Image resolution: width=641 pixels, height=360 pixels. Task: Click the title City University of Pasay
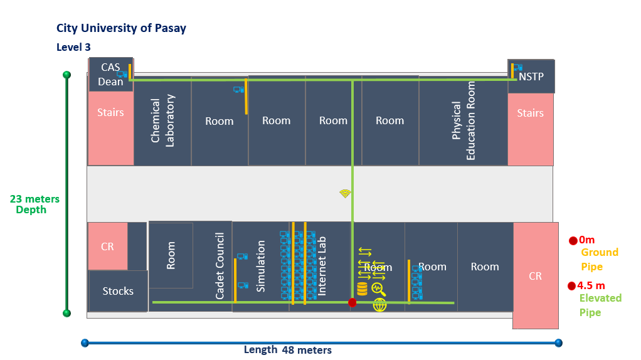[x=121, y=28]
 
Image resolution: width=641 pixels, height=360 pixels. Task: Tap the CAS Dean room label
[x=110, y=75]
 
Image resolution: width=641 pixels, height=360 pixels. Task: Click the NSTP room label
[x=531, y=77]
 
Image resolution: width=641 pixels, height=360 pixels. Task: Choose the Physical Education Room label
[x=464, y=120]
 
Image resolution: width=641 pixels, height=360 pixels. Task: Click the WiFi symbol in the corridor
[x=345, y=193]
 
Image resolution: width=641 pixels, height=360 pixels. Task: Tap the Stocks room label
[x=118, y=291]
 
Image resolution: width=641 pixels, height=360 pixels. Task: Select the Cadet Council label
[x=220, y=265]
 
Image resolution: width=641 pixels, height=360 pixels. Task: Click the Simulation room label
[x=261, y=266]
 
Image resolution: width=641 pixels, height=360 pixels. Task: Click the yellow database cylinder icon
[x=362, y=289]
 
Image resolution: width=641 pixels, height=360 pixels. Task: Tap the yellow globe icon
[x=379, y=305]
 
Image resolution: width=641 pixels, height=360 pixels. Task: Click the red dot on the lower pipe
[x=352, y=302]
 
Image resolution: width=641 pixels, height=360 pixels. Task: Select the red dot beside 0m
[x=573, y=240]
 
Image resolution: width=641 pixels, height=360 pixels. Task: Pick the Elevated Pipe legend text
[x=600, y=305]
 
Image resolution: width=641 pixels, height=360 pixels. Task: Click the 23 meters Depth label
[x=34, y=204]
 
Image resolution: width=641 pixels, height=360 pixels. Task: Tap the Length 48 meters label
[x=288, y=350]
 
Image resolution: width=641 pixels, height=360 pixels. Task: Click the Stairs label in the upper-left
[x=110, y=113]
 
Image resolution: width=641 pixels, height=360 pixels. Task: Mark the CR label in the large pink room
[x=535, y=276]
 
